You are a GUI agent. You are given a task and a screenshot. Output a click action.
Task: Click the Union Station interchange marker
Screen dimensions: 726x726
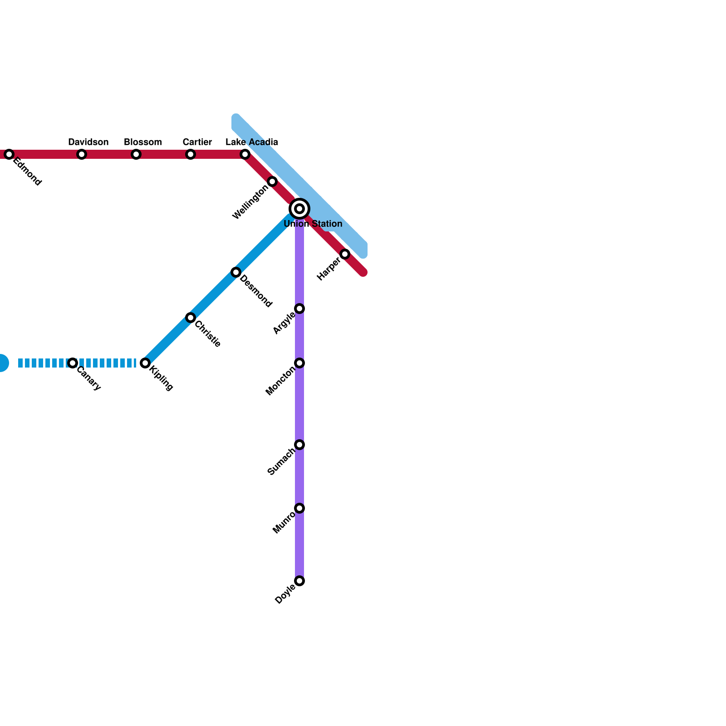[x=299, y=209]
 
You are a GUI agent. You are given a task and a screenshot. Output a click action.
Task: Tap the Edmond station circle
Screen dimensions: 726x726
[x=9, y=154]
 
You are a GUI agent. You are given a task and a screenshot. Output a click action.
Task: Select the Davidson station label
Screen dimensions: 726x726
[x=88, y=142]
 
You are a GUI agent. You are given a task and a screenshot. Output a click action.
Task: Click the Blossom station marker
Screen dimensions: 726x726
[x=136, y=154]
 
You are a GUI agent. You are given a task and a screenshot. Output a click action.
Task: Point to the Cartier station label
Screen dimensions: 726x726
[x=197, y=142]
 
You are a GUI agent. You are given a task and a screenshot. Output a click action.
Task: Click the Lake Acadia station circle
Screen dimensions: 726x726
[x=245, y=154]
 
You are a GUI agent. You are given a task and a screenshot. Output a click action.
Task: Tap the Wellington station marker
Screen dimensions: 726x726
[x=272, y=181]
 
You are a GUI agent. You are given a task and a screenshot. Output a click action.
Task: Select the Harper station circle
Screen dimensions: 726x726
[x=345, y=254]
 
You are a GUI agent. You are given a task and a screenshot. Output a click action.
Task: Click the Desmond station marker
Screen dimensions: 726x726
[x=236, y=272]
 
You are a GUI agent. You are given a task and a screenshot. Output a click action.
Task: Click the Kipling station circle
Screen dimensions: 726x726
[x=145, y=363]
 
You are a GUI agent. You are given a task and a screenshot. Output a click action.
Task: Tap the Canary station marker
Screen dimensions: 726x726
[x=73, y=363]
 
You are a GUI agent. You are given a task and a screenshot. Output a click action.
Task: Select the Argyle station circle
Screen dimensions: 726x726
[x=299, y=309]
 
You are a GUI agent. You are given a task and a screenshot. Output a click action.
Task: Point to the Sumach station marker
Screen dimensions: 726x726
[x=299, y=445]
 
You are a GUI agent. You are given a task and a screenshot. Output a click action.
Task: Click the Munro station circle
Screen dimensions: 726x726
[x=299, y=508]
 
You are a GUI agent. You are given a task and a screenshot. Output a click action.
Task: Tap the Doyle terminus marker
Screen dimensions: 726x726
[x=299, y=581]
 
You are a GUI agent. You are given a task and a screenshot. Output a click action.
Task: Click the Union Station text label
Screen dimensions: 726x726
[x=313, y=224]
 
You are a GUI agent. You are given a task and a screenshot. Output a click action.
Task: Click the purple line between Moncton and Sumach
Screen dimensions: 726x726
[x=299, y=404]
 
